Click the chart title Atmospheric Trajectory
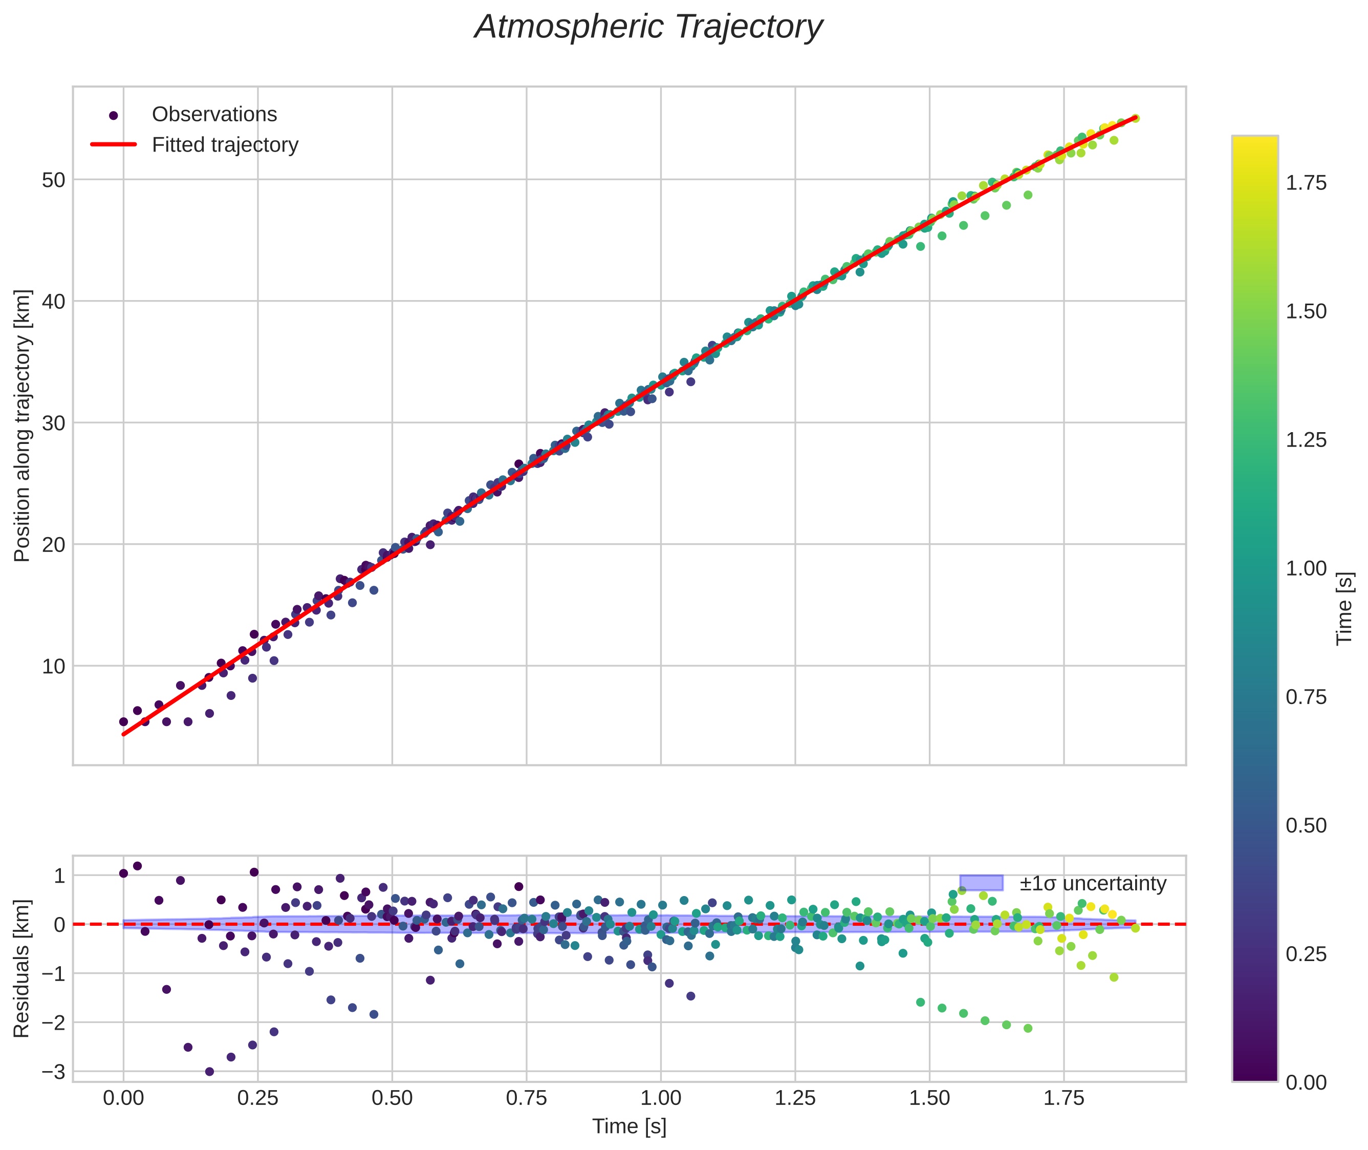pos(648,27)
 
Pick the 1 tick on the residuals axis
pos(59,876)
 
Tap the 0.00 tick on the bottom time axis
pos(123,1098)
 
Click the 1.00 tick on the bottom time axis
pos(661,1098)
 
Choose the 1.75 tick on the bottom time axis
pos(1063,1098)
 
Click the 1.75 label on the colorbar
pos(1306,183)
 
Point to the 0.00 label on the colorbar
pos(1306,1083)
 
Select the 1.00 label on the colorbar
pos(1306,568)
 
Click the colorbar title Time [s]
pos(1344,609)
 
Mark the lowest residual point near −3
pos(209,1072)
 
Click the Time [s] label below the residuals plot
pos(629,1126)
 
